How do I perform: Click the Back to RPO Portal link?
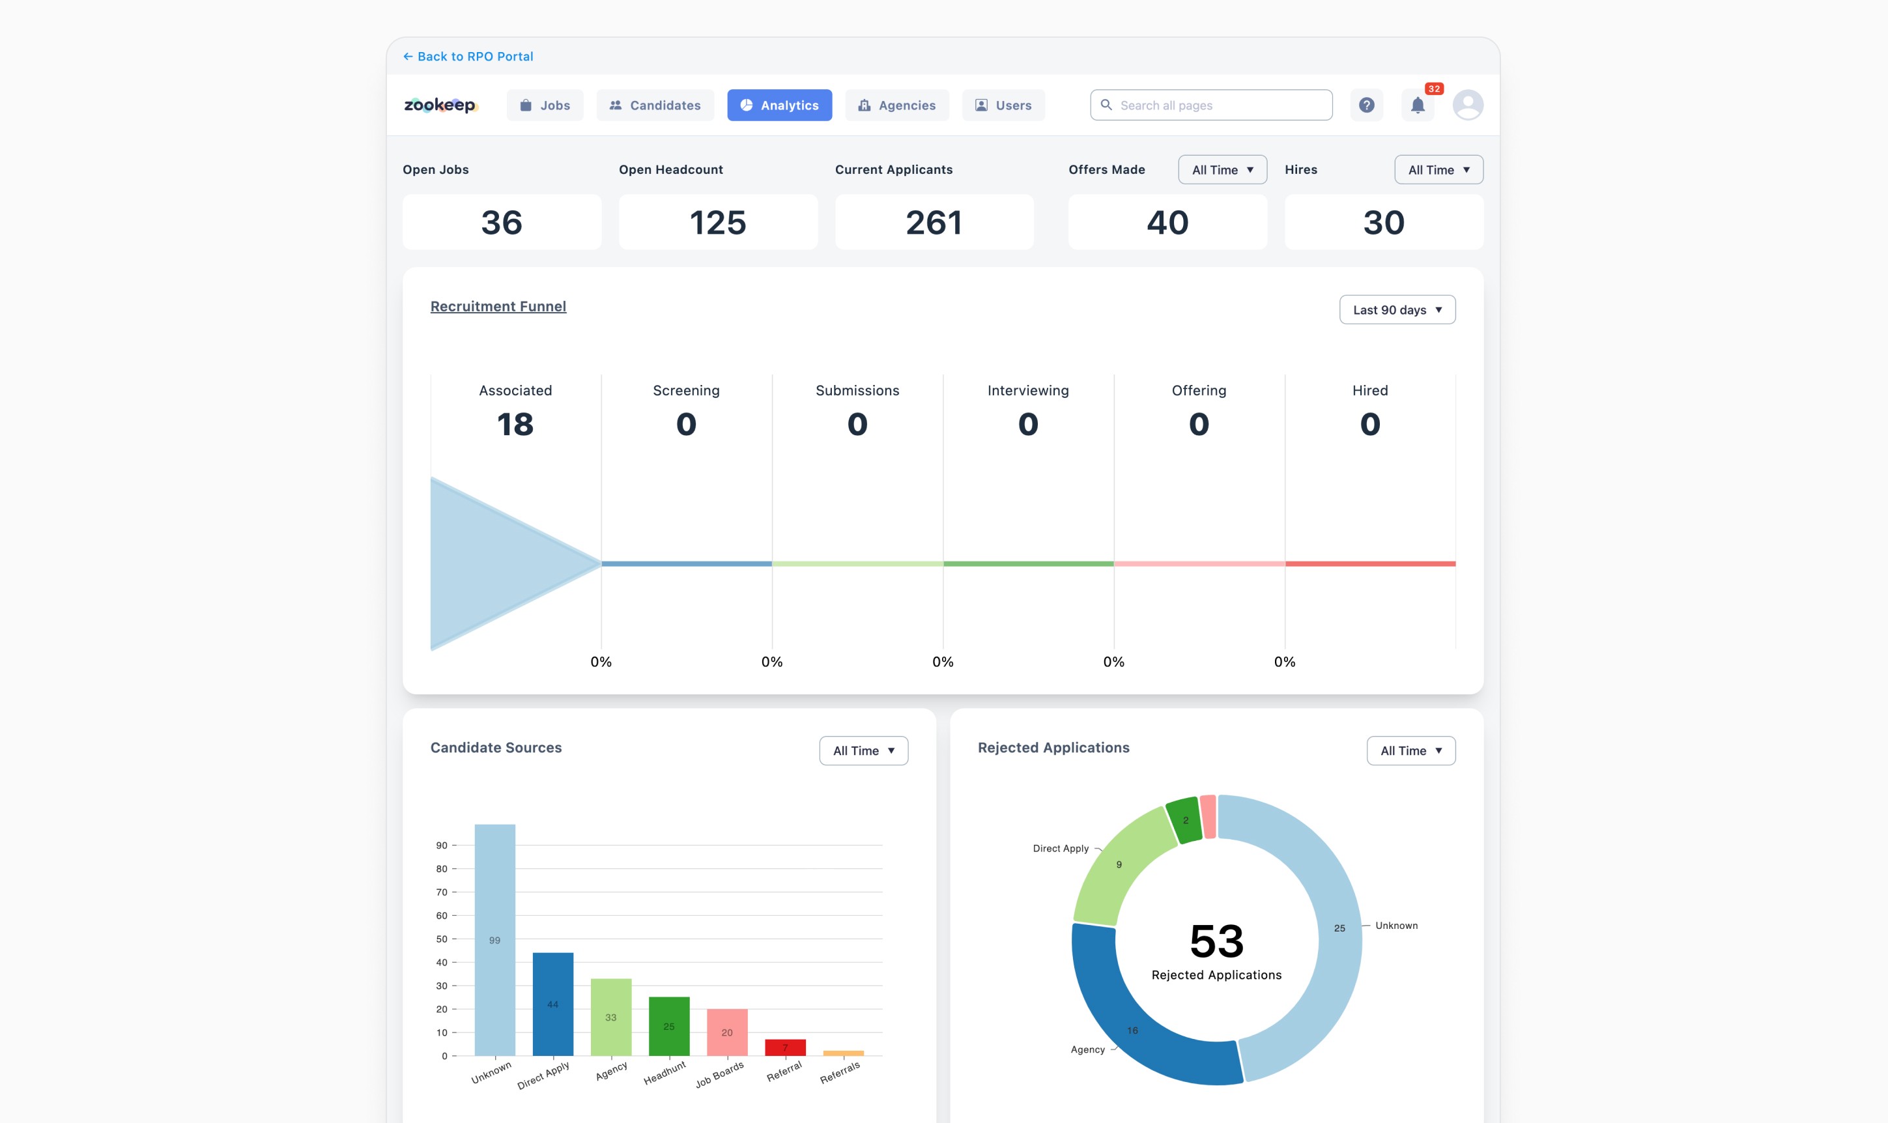coord(468,56)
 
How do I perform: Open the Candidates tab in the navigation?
coord(655,105)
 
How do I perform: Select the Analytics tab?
coord(779,105)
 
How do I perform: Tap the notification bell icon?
coord(1418,105)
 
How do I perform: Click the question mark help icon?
coord(1367,105)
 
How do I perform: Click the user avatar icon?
coord(1468,105)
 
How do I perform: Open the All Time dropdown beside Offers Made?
coord(1222,169)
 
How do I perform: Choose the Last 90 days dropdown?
coord(1397,309)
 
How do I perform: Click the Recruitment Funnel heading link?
coord(498,306)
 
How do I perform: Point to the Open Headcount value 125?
coord(718,223)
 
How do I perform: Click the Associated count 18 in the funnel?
coord(515,424)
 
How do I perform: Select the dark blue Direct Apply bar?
coord(553,1004)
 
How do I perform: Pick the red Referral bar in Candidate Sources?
coord(786,1047)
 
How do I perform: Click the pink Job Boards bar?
coord(727,1032)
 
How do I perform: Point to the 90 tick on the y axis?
coord(442,846)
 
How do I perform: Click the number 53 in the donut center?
coord(1217,941)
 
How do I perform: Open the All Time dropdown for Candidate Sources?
coord(863,750)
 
